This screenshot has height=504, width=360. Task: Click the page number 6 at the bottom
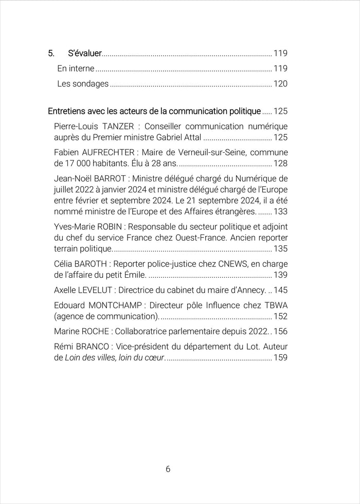[168, 469]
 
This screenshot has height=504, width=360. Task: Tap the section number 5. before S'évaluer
[51, 53]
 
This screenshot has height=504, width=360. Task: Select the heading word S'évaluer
[84, 53]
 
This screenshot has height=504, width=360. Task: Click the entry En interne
[76, 68]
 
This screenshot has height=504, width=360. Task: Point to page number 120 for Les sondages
[280, 84]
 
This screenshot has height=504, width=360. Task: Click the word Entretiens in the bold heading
[67, 111]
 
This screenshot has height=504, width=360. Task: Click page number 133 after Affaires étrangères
[280, 211]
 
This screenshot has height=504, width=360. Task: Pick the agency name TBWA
[276, 305]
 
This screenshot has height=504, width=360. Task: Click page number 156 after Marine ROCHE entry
[280, 331]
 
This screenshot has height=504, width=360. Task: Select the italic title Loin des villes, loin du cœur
[114, 357]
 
